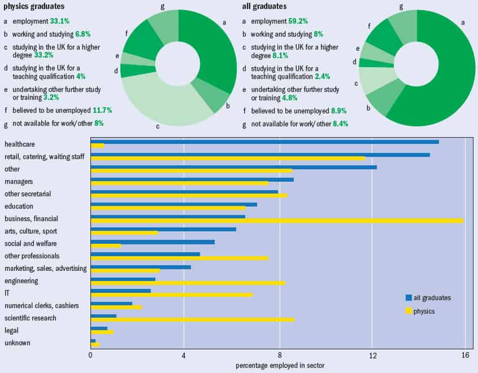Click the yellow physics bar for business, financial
tap(277, 221)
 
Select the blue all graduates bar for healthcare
tap(264, 142)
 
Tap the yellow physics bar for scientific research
tap(192, 320)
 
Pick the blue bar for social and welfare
tap(153, 242)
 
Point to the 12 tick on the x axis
tap(372, 355)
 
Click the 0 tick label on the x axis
tap(90, 355)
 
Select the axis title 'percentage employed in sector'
tap(279, 366)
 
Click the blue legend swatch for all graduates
tap(409, 297)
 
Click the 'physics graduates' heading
tap(34, 7)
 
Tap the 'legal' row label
tap(11, 331)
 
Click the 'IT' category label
tap(7, 293)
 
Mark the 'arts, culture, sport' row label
tap(31, 231)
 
